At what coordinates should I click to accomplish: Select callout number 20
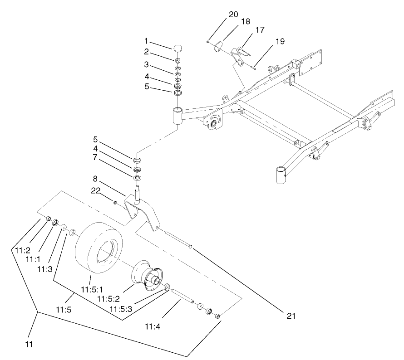[233, 14]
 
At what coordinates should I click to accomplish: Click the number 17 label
[260, 29]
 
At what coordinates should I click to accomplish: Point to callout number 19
[279, 41]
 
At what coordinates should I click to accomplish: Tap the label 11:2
[22, 249]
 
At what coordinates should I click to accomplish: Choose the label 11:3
[44, 269]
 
